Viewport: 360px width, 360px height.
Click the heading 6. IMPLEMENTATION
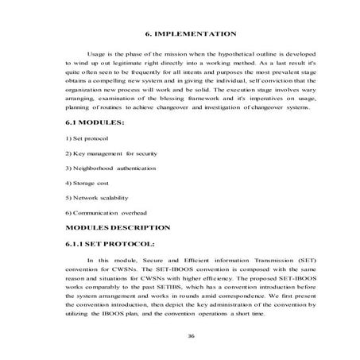click(192, 35)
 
